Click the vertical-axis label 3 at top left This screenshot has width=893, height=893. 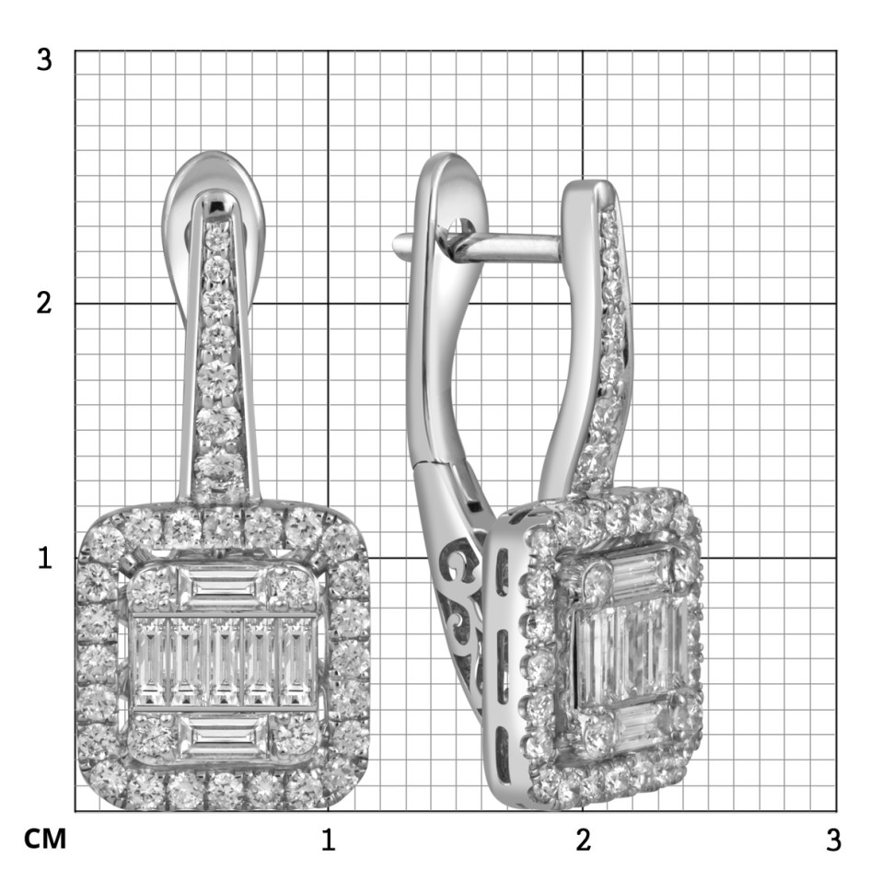44,59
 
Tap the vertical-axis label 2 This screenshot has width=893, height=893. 44,302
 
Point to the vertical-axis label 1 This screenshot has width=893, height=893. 44,558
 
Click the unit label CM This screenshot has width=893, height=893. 45,839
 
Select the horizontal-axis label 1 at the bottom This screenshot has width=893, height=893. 328,840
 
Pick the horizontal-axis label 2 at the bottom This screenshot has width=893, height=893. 583,840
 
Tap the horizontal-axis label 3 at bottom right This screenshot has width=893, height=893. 833,840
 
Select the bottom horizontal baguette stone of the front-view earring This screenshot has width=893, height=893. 223,736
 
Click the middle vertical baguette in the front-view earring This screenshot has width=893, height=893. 224,662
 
